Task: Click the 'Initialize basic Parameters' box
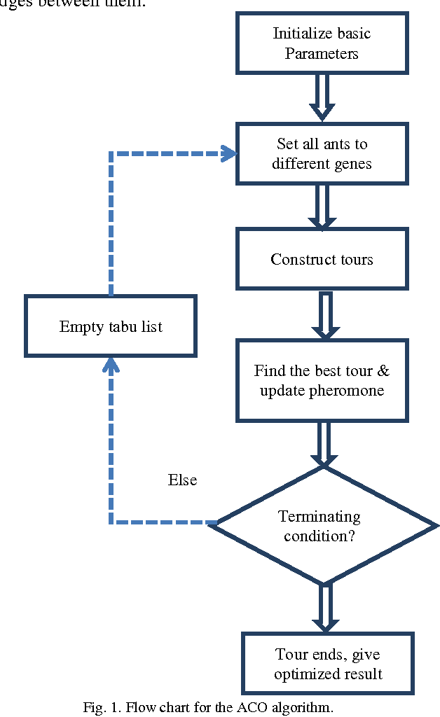pos(322,43)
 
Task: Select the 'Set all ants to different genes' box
pos(322,154)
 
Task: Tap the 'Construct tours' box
pos(322,260)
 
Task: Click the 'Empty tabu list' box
pos(111,326)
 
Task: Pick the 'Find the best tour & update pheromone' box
pos(322,380)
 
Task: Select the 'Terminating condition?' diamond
pos(322,525)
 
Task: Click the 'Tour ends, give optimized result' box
pos(327,664)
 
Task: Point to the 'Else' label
pos(182,480)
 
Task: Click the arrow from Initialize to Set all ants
pos(322,97)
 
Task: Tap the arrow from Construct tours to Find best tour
pos(324,314)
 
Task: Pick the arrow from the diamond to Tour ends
pos(324,608)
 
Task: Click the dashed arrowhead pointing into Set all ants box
pos(228,153)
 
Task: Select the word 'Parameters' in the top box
pos(322,53)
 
